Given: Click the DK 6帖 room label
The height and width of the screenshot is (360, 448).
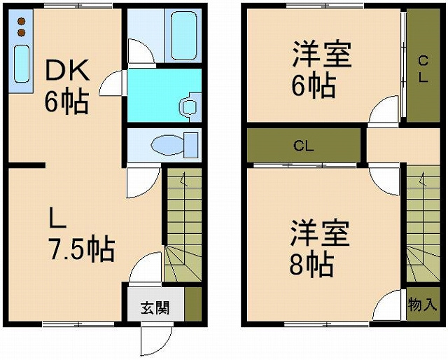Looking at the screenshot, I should click(x=66, y=85).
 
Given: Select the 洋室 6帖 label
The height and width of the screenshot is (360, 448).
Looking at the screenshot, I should click(x=318, y=70).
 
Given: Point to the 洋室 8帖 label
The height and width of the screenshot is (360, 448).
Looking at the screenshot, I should click(x=318, y=249).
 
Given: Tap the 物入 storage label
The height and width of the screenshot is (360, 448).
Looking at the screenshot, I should click(x=422, y=305).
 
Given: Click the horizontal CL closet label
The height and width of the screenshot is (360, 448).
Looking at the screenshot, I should click(x=302, y=146).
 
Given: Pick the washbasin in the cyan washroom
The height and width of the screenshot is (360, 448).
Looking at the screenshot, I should click(x=188, y=107).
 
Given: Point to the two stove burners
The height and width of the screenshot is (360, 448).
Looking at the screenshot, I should click(x=21, y=27).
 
